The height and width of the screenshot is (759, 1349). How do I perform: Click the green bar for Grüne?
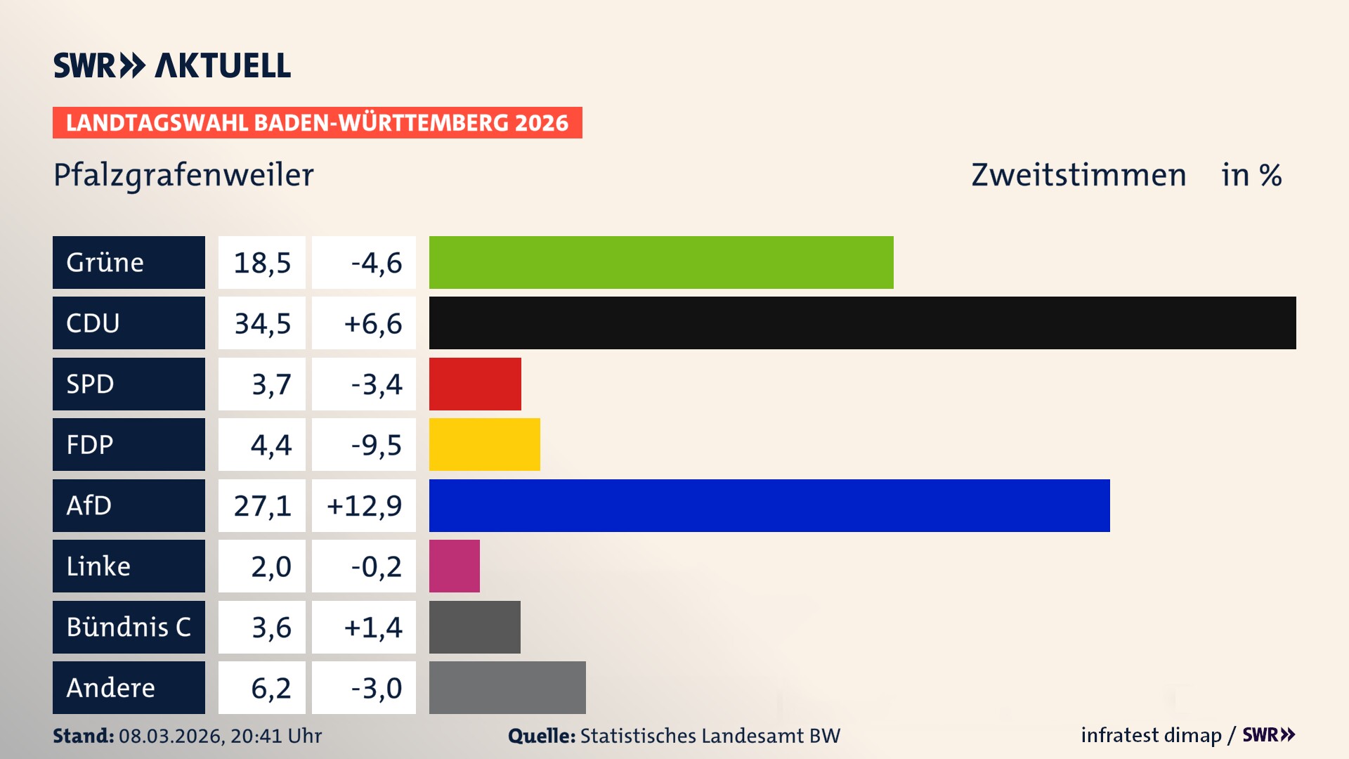[660, 262]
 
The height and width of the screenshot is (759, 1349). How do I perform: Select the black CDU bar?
[862, 323]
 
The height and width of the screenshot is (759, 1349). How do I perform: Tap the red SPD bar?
[475, 384]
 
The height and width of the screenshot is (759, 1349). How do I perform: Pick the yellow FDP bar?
[484, 444]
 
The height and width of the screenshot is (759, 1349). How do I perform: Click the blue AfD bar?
[769, 505]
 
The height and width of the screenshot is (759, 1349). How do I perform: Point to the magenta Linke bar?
[454, 566]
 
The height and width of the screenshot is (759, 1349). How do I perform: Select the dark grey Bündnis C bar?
[474, 627]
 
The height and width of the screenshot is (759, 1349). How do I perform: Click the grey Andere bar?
[507, 687]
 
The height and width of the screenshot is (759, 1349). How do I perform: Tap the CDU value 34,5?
[262, 323]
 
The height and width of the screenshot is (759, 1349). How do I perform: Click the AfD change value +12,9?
[364, 505]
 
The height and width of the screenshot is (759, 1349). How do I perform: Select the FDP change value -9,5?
[376, 445]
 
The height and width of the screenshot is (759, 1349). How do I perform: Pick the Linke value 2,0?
[271, 566]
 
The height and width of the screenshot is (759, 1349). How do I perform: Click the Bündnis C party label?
[129, 627]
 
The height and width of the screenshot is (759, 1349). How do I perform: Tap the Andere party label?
[111, 687]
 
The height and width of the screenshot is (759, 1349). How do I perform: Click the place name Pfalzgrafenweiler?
[183, 175]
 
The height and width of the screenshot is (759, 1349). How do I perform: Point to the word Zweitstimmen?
[1078, 175]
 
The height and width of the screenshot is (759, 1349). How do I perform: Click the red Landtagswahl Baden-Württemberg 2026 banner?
[317, 122]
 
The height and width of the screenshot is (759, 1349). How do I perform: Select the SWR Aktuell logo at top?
[172, 65]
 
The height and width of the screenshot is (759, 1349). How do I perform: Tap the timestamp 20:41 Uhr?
[275, 736]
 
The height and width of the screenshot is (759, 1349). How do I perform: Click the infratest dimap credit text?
[1151, 735]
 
